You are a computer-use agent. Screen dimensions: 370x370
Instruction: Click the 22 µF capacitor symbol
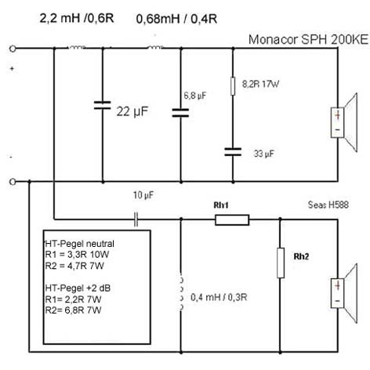[103, 105]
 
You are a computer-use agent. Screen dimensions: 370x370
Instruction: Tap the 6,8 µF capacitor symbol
[180, 113]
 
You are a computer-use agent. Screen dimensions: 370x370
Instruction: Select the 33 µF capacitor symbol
[233, 152]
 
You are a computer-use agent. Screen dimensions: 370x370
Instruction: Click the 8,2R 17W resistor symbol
[233, 86]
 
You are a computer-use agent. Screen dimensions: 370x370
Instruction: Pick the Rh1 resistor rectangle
[232, 220]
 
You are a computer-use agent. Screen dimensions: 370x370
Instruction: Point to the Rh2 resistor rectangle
[281, 263]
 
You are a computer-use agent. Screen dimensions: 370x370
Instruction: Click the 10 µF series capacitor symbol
[136, 219]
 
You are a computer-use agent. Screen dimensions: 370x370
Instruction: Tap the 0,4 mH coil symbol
[181, 293]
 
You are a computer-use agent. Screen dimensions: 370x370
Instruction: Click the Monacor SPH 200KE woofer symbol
[344, 122]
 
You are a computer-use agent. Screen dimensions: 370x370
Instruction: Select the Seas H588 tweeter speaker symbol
[344, 293]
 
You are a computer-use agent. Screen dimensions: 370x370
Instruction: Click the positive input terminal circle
[13, 49]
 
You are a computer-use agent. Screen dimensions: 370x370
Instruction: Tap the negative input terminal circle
[13, 182]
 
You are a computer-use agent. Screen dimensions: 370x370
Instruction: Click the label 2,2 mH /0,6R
[77, 18]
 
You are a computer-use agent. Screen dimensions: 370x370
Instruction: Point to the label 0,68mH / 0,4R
[176, 19]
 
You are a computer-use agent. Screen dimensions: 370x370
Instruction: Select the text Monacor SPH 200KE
[308, 39]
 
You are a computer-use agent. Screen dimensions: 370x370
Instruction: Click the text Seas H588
[328, 205]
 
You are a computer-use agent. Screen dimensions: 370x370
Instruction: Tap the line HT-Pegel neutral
[79, 244]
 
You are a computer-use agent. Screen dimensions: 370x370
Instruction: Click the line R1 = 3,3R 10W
[77, 255]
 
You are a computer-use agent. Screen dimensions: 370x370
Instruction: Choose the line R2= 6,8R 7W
[73, 310]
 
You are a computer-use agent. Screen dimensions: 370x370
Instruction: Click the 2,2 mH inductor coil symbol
[77, 47]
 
